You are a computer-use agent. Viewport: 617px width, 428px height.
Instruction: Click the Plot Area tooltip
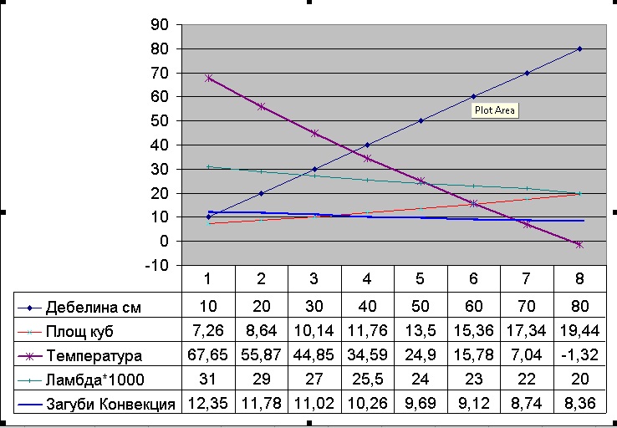click(495, 110)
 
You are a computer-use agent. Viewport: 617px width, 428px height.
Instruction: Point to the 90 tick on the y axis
click(160, 25)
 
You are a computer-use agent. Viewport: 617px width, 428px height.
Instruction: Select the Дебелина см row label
click(93, 307)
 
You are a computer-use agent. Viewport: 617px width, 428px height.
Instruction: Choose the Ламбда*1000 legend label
click(96, 380)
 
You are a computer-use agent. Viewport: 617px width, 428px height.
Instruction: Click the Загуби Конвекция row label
click(110, 405)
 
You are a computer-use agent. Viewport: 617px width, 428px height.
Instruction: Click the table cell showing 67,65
click(208, 355)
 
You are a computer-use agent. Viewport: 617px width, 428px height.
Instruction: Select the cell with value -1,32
click(579, 355)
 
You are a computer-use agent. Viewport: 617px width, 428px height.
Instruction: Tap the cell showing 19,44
click(579, 331)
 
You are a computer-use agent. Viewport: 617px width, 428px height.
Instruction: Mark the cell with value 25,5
click(367, 380)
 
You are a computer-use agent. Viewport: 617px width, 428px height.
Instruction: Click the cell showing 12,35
click(208, 405)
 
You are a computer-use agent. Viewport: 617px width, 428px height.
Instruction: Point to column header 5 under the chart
click(421, 278)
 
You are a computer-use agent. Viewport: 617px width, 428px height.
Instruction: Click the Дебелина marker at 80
click(579, 48)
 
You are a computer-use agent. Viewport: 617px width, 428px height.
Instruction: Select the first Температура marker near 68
click(208, 79)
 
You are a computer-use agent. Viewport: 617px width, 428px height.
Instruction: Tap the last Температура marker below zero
click(579, 244)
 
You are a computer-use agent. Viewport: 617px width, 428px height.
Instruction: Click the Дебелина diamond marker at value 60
click(473, 97)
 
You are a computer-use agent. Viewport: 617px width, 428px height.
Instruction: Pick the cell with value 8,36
click(579, 405)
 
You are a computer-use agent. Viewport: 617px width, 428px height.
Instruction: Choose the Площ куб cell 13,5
click(421, 331)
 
